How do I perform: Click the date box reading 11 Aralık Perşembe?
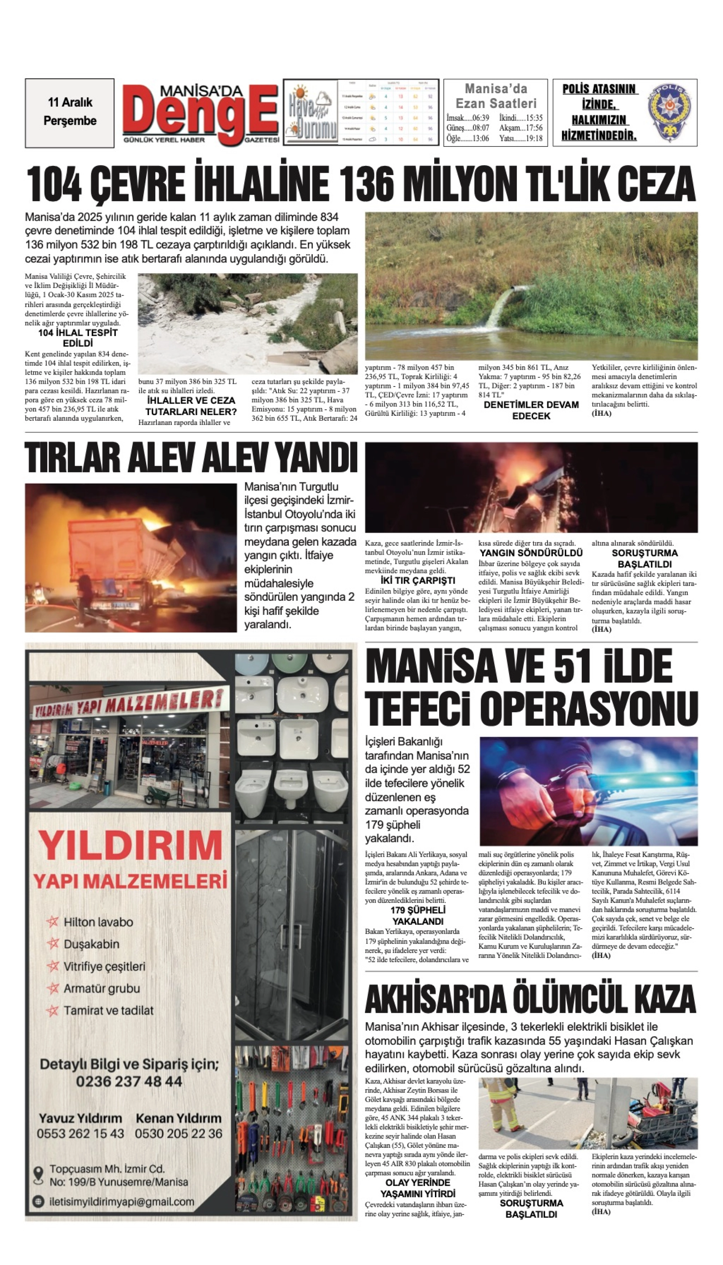[70, 112]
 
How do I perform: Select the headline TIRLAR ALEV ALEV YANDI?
[191, 458]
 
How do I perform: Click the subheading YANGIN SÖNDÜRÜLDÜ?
[531, 552]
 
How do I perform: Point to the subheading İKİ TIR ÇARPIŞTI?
[417, 580]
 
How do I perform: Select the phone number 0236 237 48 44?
[129, 1082]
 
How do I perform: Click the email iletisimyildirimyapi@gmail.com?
[122, 1202]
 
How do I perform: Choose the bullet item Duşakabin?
[91, 944]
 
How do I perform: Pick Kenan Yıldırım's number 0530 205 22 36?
[179, 1134]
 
